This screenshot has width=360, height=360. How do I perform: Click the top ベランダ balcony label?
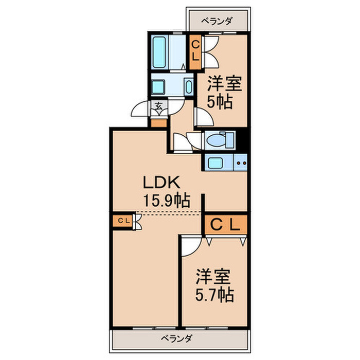pos(217,21)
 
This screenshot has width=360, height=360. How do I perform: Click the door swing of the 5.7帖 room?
pos(189,245)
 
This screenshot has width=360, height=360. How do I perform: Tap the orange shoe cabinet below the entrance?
pos(159,123)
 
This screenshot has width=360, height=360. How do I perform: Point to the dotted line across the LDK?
pos(169,212)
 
